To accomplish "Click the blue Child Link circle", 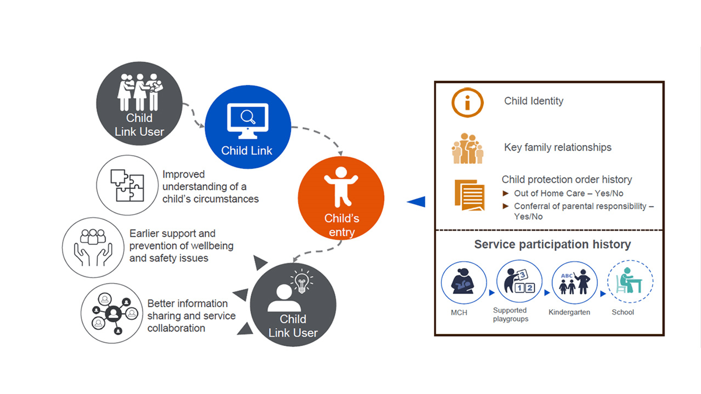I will (248, 127).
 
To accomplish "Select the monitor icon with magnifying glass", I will (248, 120).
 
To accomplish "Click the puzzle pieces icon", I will (127, 185).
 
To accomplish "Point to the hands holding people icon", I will (93, 247).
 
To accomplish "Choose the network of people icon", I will (112, 313).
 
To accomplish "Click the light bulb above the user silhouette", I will (302, 281).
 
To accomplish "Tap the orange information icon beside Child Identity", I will (467, 103).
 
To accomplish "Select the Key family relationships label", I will (557, 147).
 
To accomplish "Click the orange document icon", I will (469, 195).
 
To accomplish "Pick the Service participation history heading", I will (552, 244).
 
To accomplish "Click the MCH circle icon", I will (463, 283).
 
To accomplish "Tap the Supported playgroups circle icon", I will (519, 281).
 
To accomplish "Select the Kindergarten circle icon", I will (574, 283).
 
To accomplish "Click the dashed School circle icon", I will (630, 282).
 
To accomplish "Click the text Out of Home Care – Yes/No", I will (568, 193).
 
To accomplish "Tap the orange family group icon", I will (467, 149).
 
